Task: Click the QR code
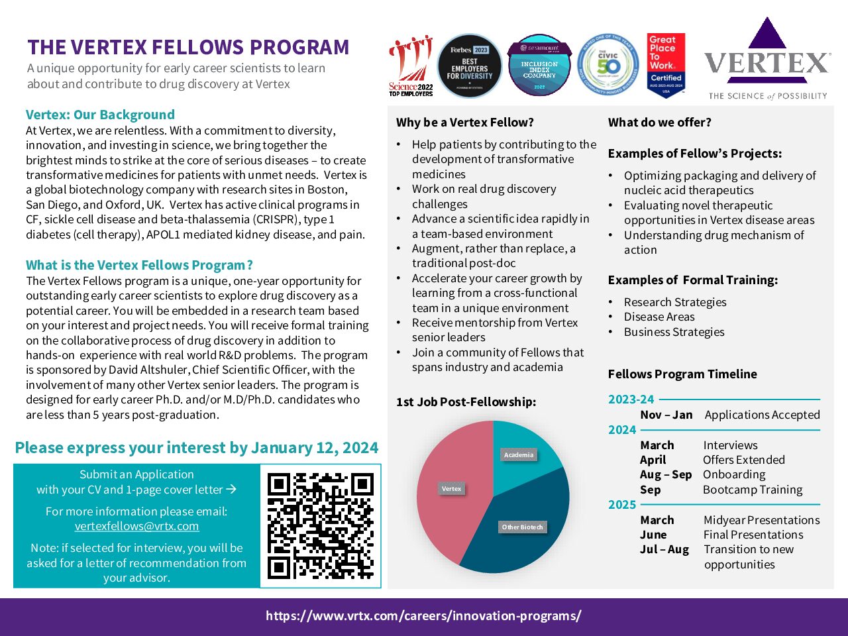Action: tap(321, 525)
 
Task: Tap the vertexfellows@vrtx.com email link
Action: tap(136, 526)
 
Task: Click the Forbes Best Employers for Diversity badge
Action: tap(470, 66)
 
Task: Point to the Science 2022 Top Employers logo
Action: tap(411, 66)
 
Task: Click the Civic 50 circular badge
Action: tap(608, 66)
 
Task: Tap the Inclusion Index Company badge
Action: tap(539, 66)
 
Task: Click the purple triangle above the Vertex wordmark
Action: tap(767, 34)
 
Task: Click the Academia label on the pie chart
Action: tap(518, 455)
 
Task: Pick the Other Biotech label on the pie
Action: tap(522, 527)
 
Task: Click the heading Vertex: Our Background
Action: tap(100, 115)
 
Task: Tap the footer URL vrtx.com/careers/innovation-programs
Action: tap(423, 616)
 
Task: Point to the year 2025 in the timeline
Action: tap(622, 505)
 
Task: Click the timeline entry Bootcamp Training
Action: tap(753, 490)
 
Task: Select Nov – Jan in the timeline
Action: tap(666, 415)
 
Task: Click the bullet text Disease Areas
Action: tap(659, 317)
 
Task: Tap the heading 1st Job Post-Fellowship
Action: tap(466, 402)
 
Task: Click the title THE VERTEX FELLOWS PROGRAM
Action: tap(188, 48)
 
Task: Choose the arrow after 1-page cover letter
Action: tap(231, 490)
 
